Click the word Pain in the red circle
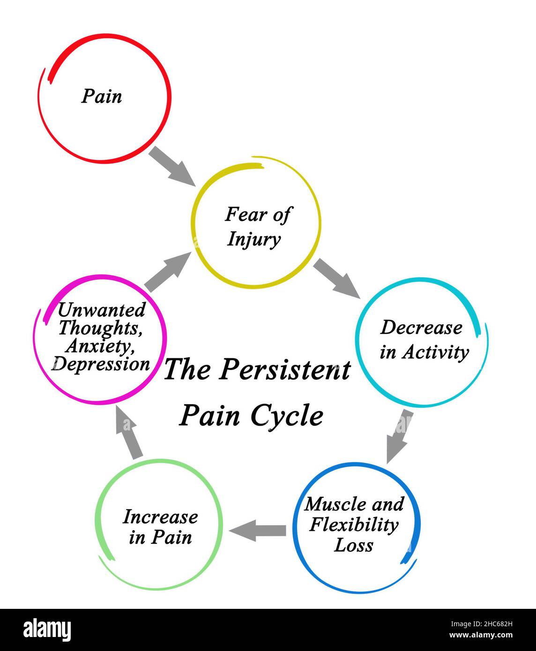point(102,96)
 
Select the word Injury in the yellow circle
point(253,239)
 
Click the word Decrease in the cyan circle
point(420,327)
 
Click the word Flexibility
point(354,525)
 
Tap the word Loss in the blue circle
point(353,545)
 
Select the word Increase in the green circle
point(160,517)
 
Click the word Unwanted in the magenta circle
point(101,310)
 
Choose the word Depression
point(102,364)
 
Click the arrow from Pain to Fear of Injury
point(172,165)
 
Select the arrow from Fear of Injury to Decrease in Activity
point(336,278)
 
